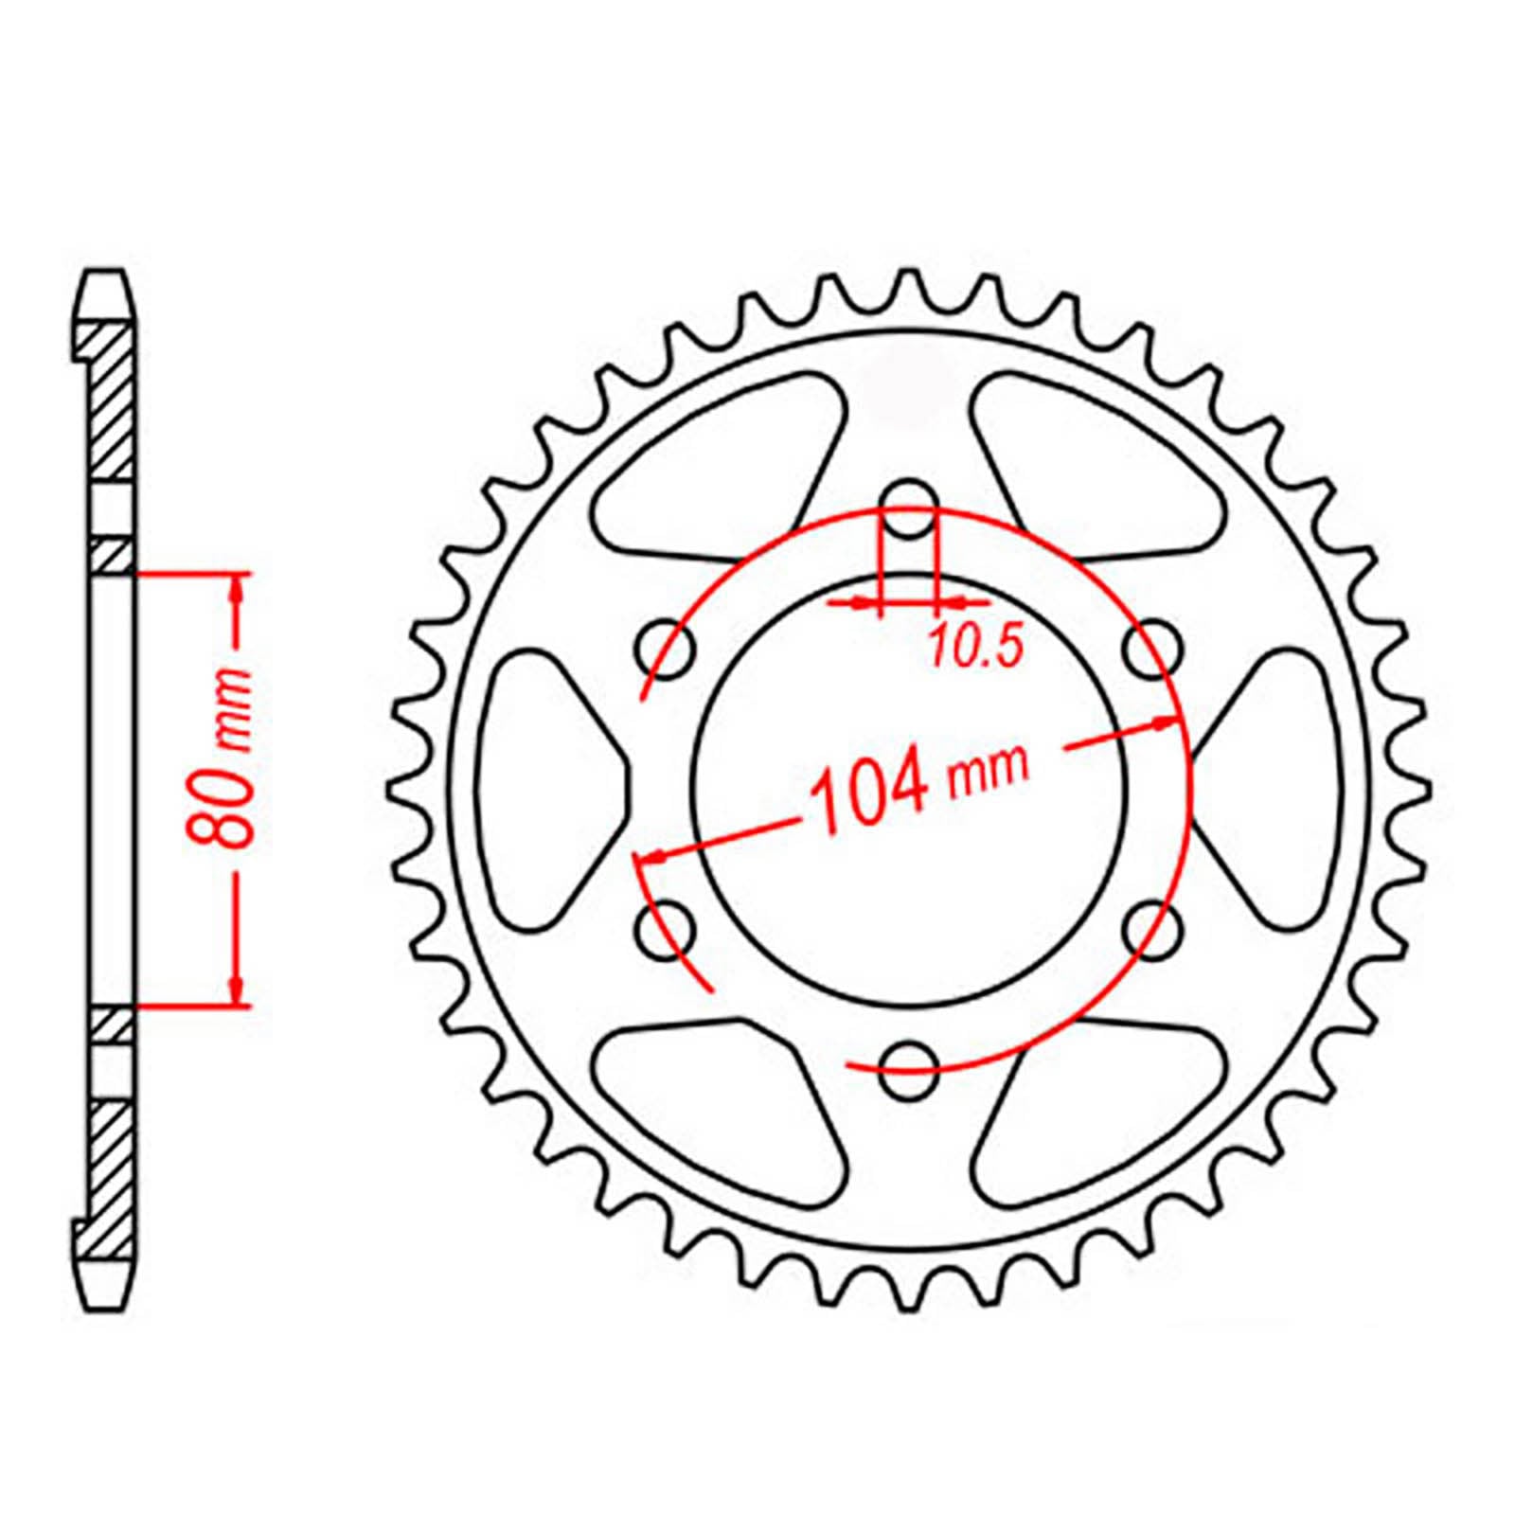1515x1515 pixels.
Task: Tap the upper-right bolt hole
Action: tap(1152, 650)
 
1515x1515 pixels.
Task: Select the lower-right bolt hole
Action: tap(1152, 930)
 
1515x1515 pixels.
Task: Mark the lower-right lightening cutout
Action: tap(1089, 1117)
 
